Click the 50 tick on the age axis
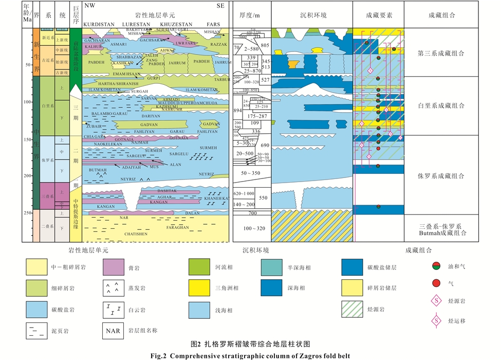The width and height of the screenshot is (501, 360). point(28,65)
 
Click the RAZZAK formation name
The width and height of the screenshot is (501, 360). point(218,44)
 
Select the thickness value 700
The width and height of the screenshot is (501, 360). point(252,213)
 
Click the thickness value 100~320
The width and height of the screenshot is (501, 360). point(252,228)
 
